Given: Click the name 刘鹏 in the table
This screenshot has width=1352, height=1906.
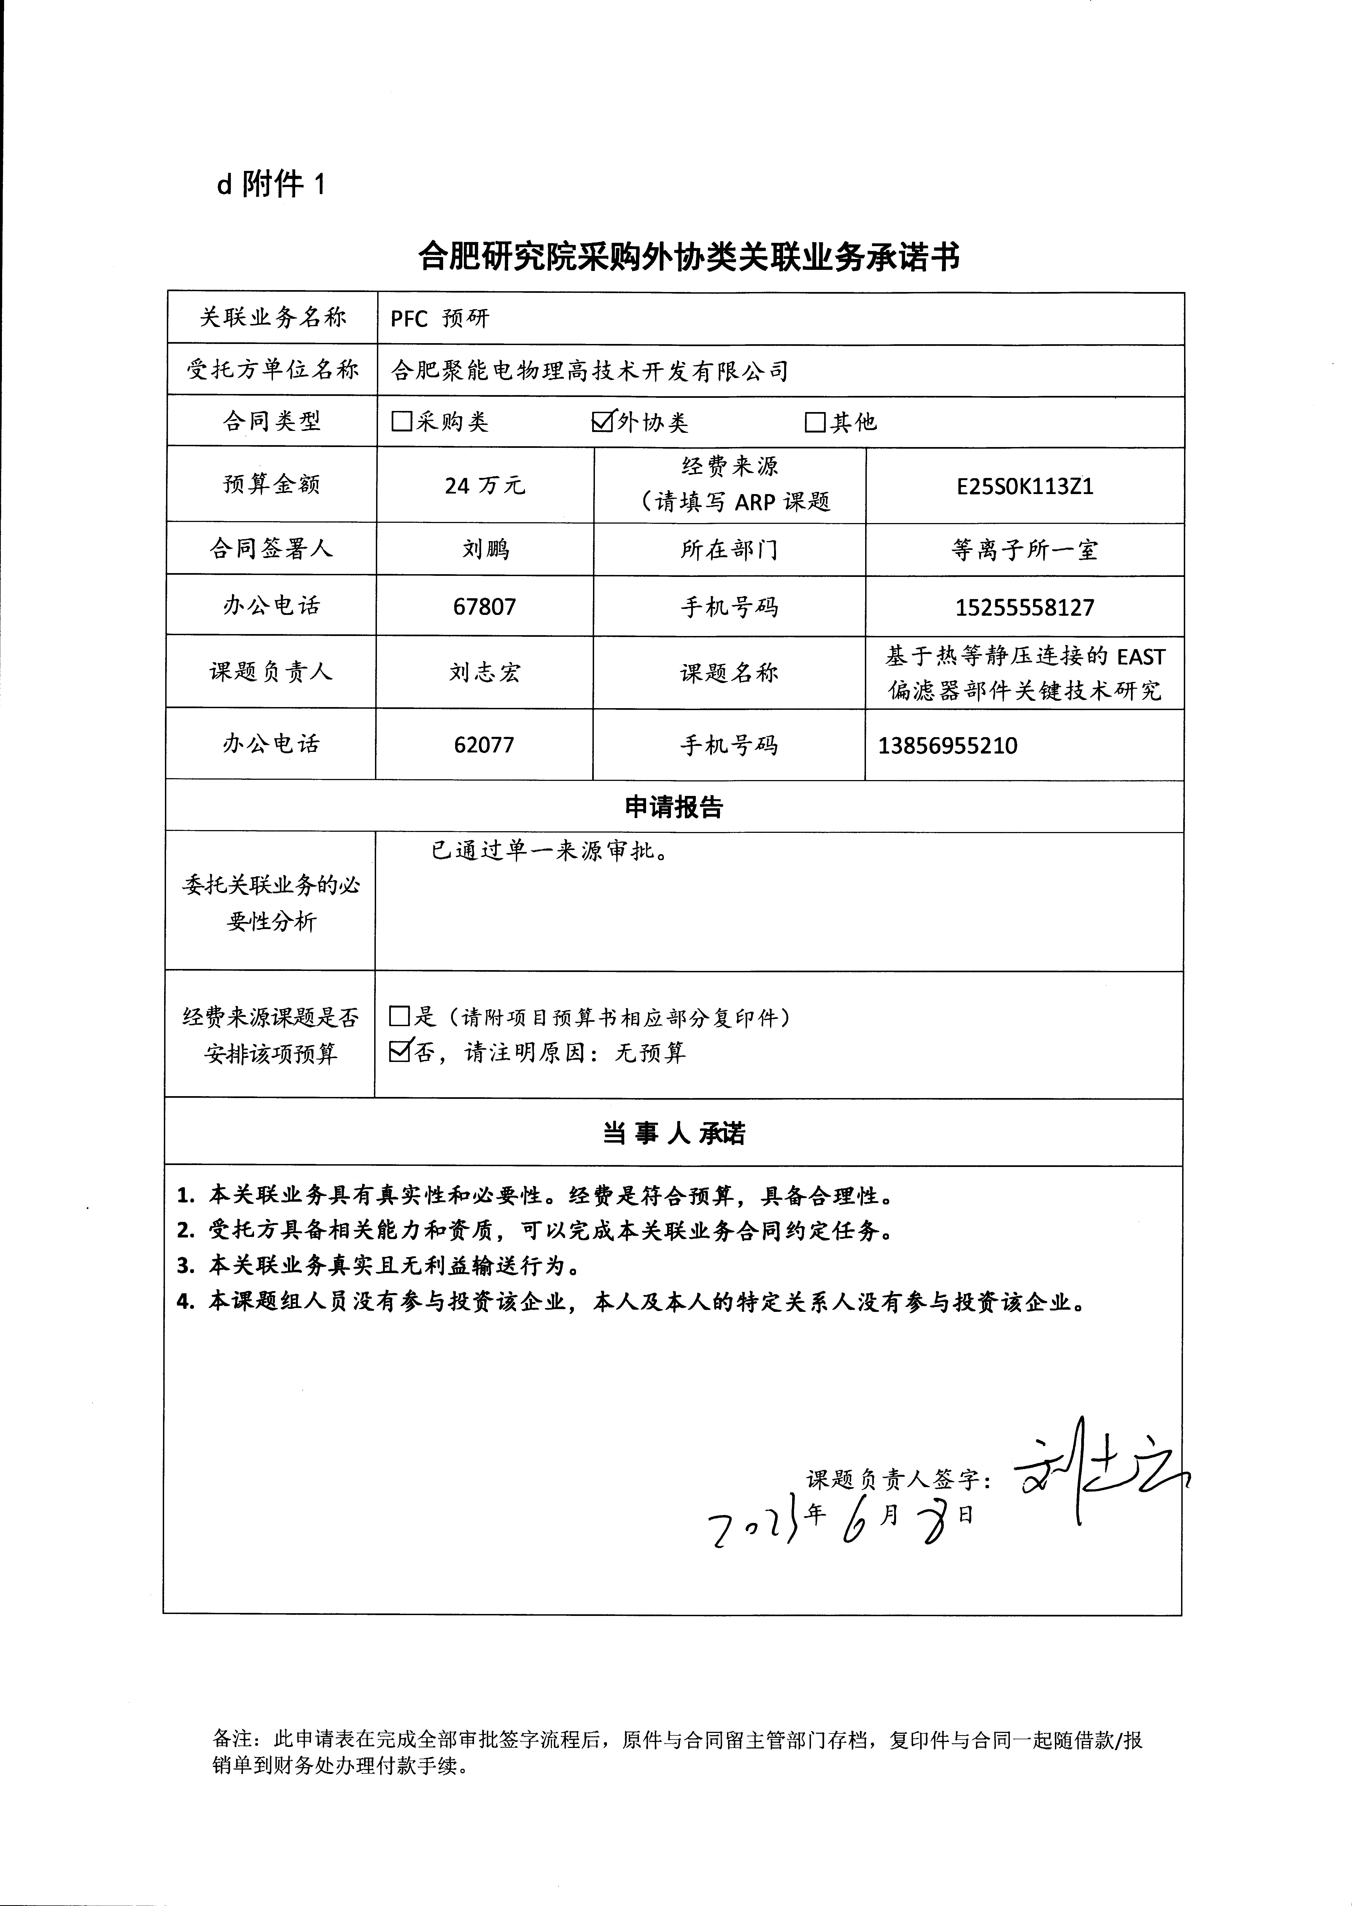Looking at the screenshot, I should (485, 549).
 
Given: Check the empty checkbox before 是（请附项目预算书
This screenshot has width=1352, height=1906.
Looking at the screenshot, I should (400, 1016).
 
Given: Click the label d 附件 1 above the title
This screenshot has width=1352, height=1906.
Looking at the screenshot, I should (271, 185).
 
